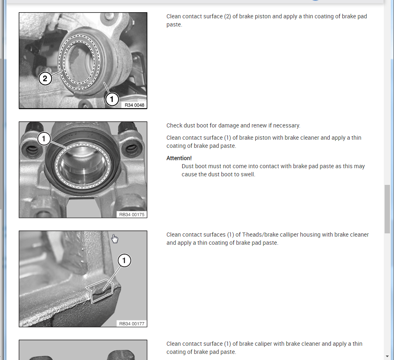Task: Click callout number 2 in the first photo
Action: pos(45,79)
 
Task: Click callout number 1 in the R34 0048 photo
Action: pos(112,99)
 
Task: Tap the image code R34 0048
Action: pos(134,105)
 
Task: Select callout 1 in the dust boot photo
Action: pos(44,138)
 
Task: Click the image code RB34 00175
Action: pos(131,215)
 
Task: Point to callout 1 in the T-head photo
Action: pos(124,261)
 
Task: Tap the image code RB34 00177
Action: pos(131,323)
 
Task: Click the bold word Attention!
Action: pos(179,158)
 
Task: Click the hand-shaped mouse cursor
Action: pos(115,239)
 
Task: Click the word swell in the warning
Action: pos(247,174)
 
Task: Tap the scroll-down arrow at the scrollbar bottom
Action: pos(387,356)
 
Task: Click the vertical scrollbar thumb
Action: pos(387,209)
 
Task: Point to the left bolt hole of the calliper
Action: pos(32,150)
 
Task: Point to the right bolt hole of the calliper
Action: pos(131,149)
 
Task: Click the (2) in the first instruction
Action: pos(228,16)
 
